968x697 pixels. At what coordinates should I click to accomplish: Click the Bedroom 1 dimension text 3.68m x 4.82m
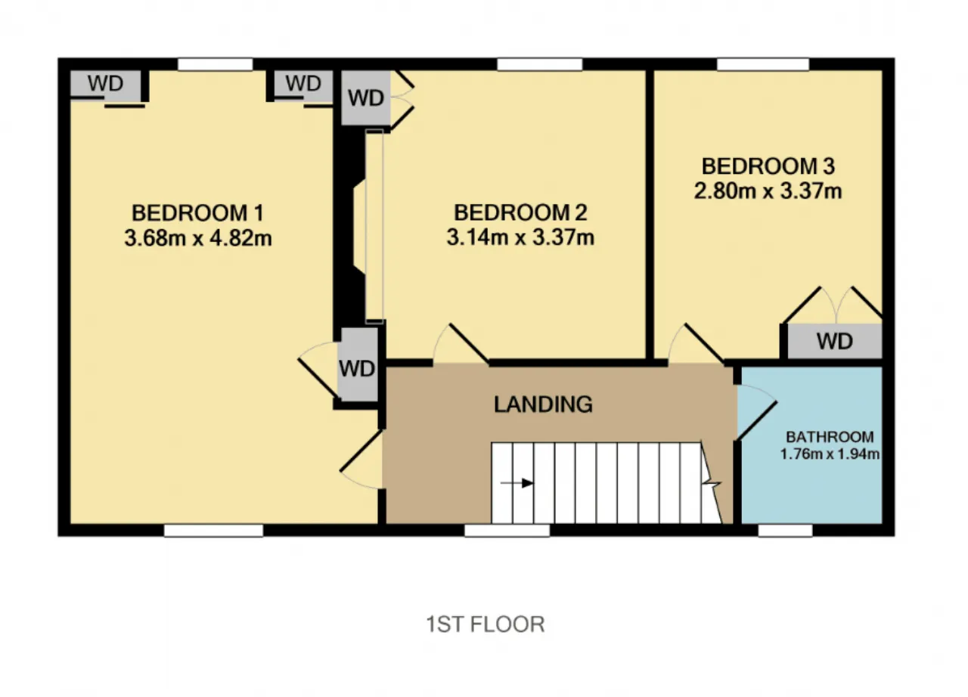[x=198, y=238]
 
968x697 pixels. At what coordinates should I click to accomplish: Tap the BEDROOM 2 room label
[x=520, y=212]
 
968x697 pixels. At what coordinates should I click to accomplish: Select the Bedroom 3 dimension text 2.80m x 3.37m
[x=768, y=191]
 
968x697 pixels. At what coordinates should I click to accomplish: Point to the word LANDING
[x=543, y=404]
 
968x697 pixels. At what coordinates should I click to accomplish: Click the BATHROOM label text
[x=830, y=437]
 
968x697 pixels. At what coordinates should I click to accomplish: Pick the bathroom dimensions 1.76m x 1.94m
[x=830, y=454]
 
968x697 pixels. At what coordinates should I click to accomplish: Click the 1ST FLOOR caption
[x=486, y=624]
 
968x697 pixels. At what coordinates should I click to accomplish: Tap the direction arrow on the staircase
[x=517, y=483]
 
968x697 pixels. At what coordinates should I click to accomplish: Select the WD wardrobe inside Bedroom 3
[x=834, y=341]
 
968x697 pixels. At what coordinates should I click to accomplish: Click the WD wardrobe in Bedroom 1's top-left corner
[x=105, y=83]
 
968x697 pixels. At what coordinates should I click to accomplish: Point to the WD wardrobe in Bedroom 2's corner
[x=365, y=98]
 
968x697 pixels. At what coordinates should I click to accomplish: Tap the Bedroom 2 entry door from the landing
[x=461, y=344]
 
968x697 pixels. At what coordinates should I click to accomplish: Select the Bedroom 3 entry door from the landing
[x=697, y=344]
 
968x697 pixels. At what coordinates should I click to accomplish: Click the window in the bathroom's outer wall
[x=785, y=530]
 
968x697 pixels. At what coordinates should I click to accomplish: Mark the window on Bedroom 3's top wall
[x=763, y=64]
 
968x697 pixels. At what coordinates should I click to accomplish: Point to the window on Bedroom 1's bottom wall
[x=213, y=530]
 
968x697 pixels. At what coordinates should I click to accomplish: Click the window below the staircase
[x=507, y=530]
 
